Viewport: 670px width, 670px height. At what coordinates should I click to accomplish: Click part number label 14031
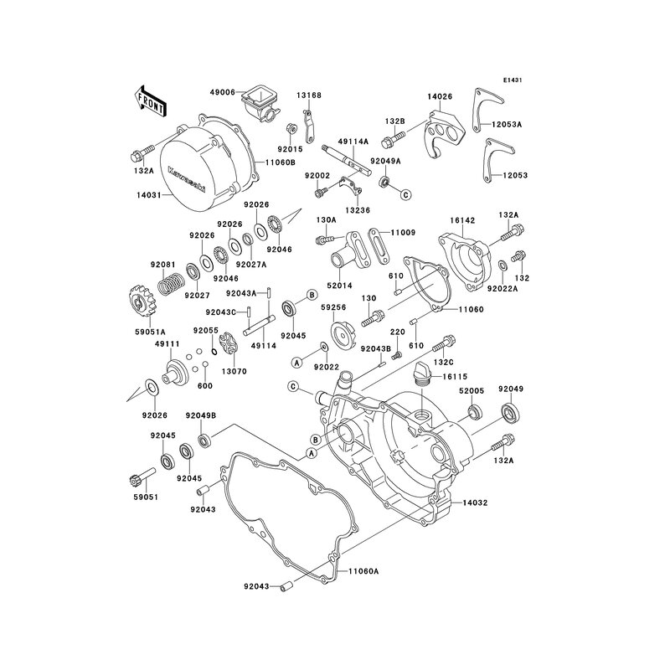click(x=149, y=195)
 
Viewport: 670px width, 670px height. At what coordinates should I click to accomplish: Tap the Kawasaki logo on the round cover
click(x=186, y=178)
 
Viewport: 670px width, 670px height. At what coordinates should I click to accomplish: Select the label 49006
click(x=222, y=92)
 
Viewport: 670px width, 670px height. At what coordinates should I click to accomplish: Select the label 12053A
click(x=507, y=125)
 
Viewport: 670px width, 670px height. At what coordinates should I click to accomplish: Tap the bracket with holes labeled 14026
click(x=443, y=135)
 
